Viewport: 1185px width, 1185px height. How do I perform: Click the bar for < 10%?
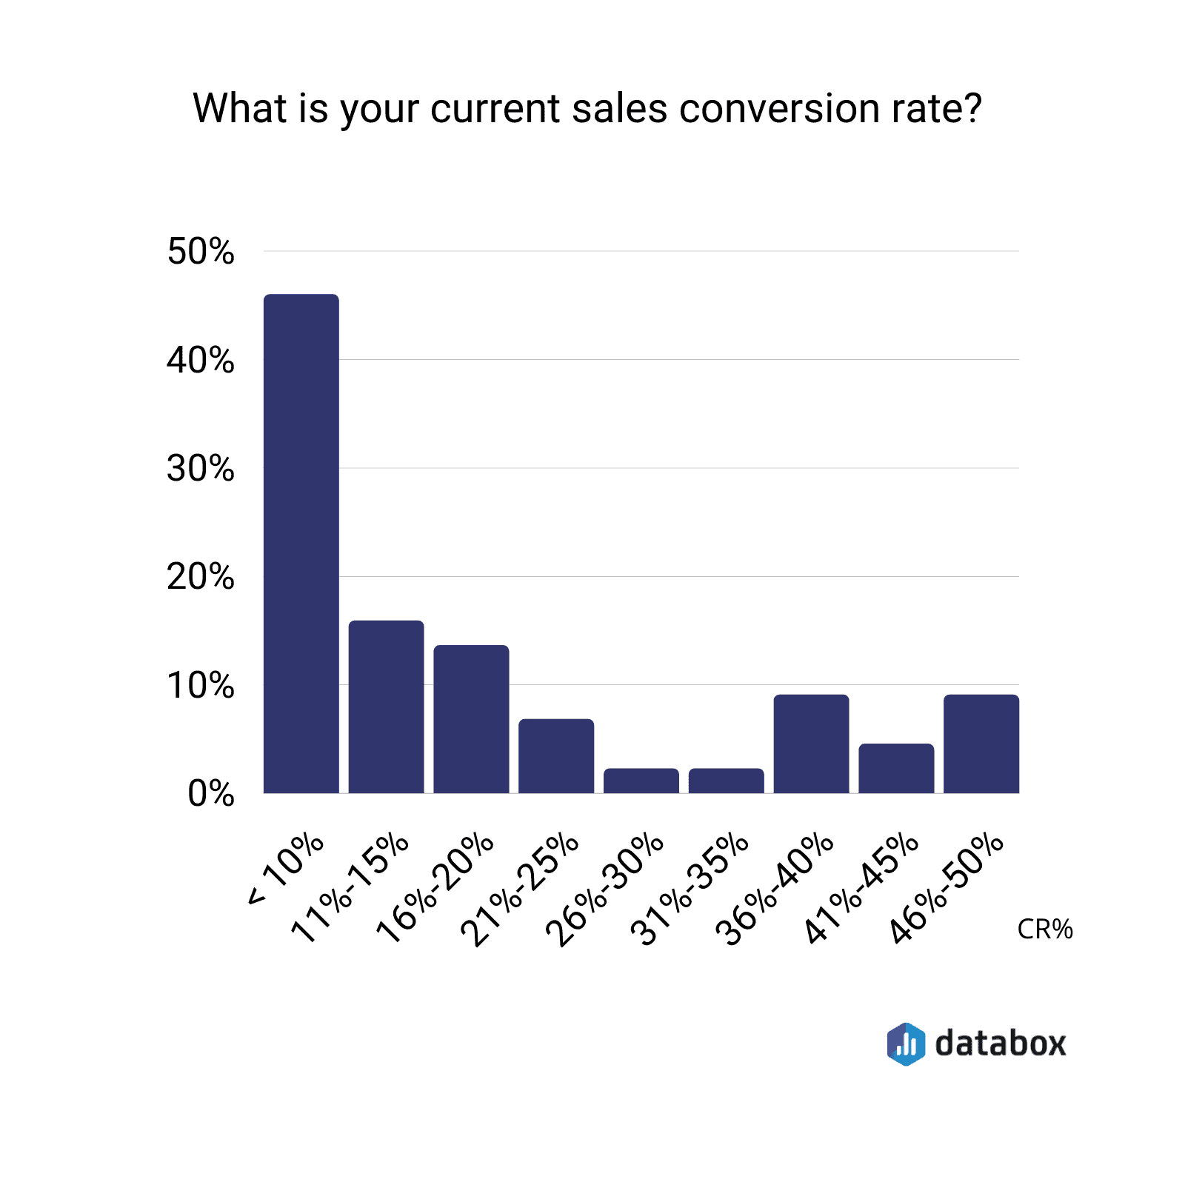tap(301, 544)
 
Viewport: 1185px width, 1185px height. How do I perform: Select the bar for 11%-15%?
tap(386, 707)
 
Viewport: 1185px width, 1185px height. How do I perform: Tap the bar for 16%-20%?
tap(471, 719)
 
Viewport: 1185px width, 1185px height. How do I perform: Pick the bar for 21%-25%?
tap(556, 756)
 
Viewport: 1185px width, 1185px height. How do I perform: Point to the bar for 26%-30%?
tap(641, 781)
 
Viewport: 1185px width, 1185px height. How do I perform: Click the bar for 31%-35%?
tap(726, 781)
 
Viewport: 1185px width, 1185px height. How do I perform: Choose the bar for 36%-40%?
tap(811, 744)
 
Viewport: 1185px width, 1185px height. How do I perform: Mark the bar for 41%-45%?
tap(896, 768)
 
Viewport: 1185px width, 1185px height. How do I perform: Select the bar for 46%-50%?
tap(981, 744)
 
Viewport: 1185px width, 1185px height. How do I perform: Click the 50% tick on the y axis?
tap(200, 252)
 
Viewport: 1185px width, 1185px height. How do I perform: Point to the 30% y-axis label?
tap(200, 469)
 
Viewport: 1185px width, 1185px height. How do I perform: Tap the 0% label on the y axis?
tap(210, 794)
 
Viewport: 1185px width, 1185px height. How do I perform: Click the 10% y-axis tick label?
tap(200, 686)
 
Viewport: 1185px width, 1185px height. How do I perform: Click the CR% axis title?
tap(1045, 929)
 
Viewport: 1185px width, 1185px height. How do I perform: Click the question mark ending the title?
tap(972, 108)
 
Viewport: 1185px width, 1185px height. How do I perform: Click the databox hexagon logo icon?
tap(906, 1044)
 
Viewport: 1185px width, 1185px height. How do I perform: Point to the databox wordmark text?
tap(1001, 1044)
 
